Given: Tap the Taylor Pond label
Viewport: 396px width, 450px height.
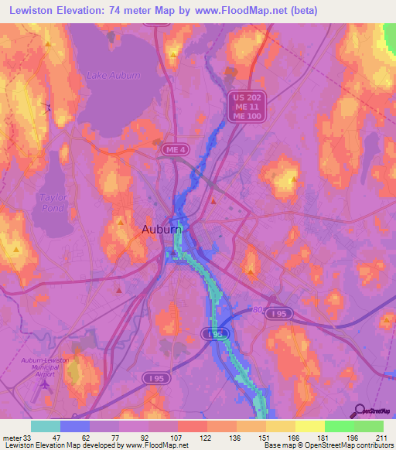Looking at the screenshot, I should pos(53,203).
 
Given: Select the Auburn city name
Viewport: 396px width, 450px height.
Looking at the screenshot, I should pos(162,230).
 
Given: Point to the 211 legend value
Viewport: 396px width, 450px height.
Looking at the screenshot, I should pos(380,437).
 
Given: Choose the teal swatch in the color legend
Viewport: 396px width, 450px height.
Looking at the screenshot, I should pos(46,426).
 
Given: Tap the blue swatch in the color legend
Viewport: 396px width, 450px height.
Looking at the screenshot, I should pos(75,426).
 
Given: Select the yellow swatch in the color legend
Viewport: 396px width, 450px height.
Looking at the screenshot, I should pos(309,426).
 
